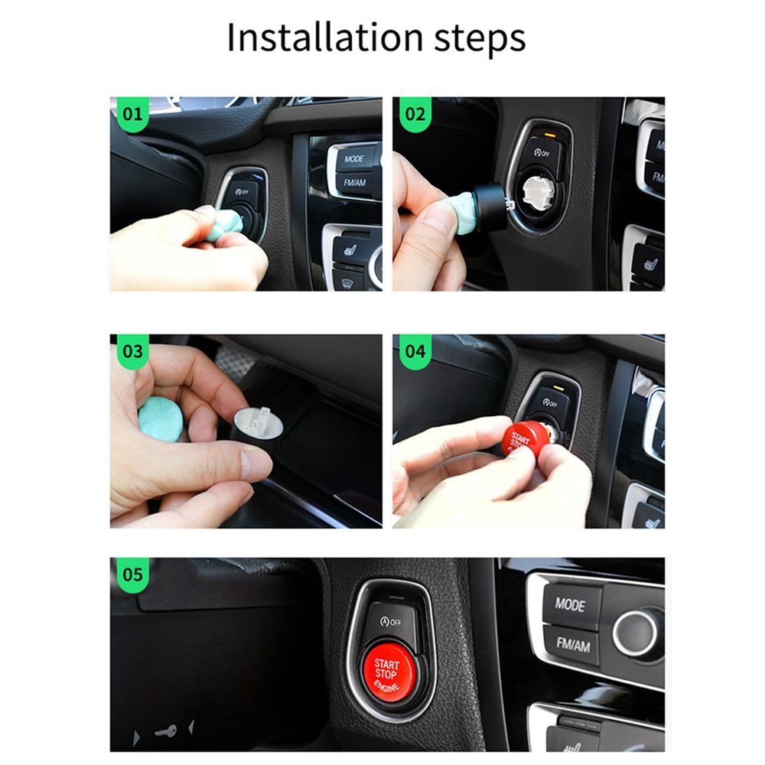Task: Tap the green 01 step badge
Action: (x=131, y=115)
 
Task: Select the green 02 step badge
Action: (x=414, y=115)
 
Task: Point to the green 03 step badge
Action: (x=132, y=351)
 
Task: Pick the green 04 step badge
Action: (x=414, y=351)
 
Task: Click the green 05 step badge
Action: (x=132, y=574)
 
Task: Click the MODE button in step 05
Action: (x=570, y=604)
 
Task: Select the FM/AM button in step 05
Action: (x=572, y=645)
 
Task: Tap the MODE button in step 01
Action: (x=354, y=158)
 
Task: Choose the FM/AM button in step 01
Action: (x=354, y=184)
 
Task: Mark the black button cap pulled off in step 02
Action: (x=490, y=207)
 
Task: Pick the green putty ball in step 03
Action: (x=161, y=419)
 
